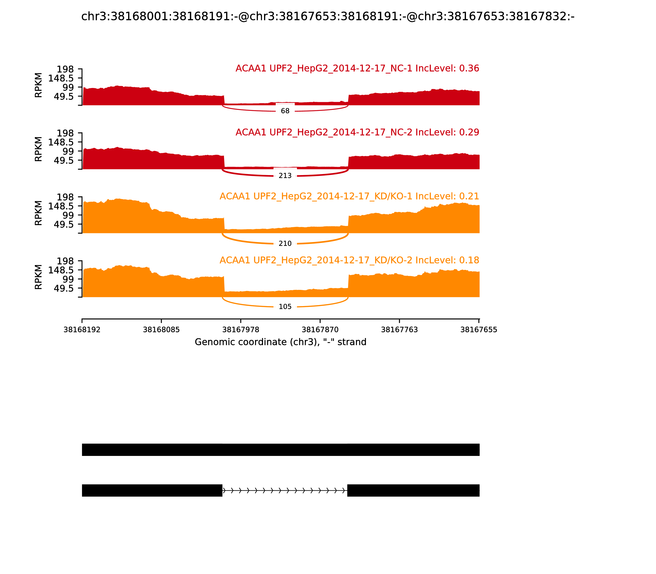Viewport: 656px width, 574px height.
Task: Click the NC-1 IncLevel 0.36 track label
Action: pyautogui.click(x=357, y=68)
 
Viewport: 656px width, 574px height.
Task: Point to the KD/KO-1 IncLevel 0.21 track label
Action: pyautogui.click(x=349, y=196)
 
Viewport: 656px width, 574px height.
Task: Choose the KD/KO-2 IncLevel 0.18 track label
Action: pyautogui.click(x=349, y=260)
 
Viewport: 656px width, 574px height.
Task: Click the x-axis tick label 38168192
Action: pyautogui.click(x=82, y=330)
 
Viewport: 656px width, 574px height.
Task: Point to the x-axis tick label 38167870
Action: pyautogui.click(x=320, y=330)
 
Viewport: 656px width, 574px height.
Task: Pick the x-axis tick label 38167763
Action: pyautogui.click(x=399, y=330)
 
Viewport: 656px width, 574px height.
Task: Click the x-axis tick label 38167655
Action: pyautogui.click(x=478, y=330)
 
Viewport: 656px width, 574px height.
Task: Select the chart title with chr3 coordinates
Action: pyautogui.click(x=328, y=16)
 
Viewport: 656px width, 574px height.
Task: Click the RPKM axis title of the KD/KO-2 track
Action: pyautogui.click(x=38, y=277)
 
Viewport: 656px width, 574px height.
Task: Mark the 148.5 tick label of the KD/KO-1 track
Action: pyautogui.click(x=61, y=206)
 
